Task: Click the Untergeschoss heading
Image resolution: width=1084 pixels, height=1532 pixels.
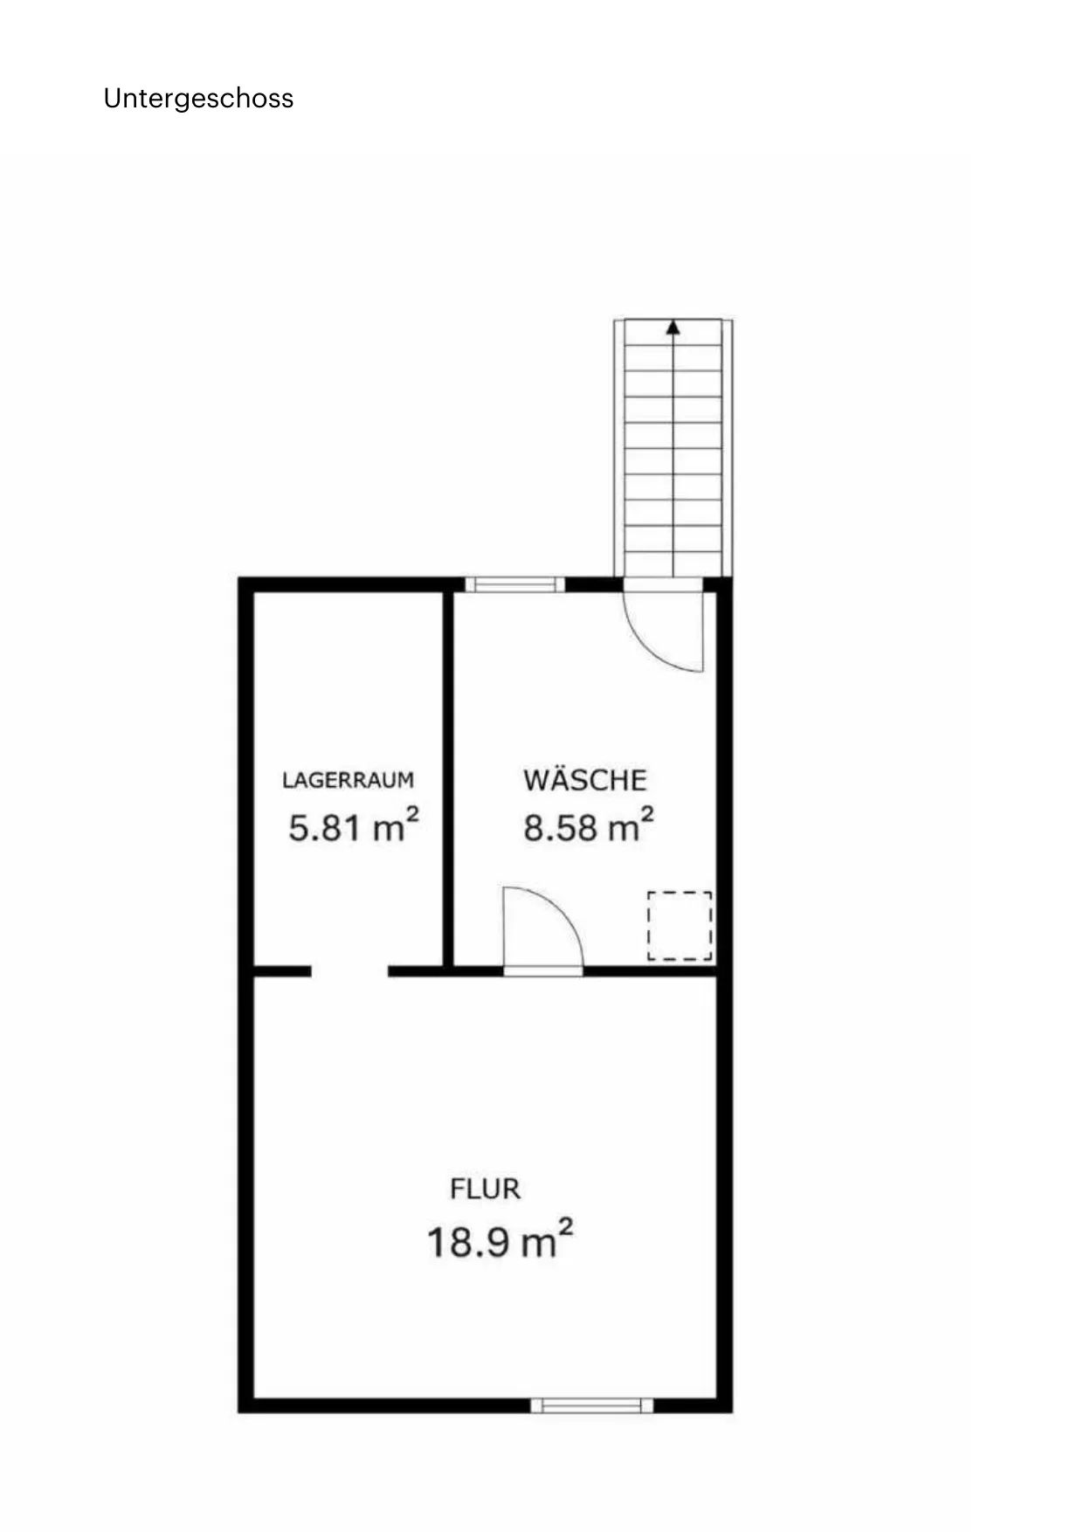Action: tap(198, 99)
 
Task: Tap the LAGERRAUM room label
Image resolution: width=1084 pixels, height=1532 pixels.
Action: tap(348, 780)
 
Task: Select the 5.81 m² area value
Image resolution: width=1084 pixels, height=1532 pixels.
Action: tap(353, 826)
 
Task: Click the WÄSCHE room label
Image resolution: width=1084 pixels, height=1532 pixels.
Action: tap(584, 779)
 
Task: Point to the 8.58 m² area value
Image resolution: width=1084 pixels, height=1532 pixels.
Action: tap(588, 826)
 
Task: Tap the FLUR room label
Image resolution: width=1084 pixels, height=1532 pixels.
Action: tap(485, 1189)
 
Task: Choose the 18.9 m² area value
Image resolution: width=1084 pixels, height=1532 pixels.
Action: tap(500, 1240)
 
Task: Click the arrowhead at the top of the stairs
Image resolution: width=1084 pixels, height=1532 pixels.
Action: tap(673, 328)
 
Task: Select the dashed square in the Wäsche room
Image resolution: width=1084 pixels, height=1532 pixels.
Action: tap(680, 926)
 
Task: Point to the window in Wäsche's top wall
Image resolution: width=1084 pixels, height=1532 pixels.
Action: tap(514, 584)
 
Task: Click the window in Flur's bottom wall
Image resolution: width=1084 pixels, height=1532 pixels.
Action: tap(591, 1405)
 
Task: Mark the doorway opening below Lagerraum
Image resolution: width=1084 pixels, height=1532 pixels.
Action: tap(349, 971)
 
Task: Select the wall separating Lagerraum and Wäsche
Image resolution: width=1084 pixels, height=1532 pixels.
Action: tap(448, 778)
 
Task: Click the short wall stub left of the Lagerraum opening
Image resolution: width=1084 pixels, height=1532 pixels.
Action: tap(282, 971)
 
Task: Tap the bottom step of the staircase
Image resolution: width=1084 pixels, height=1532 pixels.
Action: tap(673, 564)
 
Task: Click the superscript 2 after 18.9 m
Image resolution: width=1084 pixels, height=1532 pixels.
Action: tap(565, 1228)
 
